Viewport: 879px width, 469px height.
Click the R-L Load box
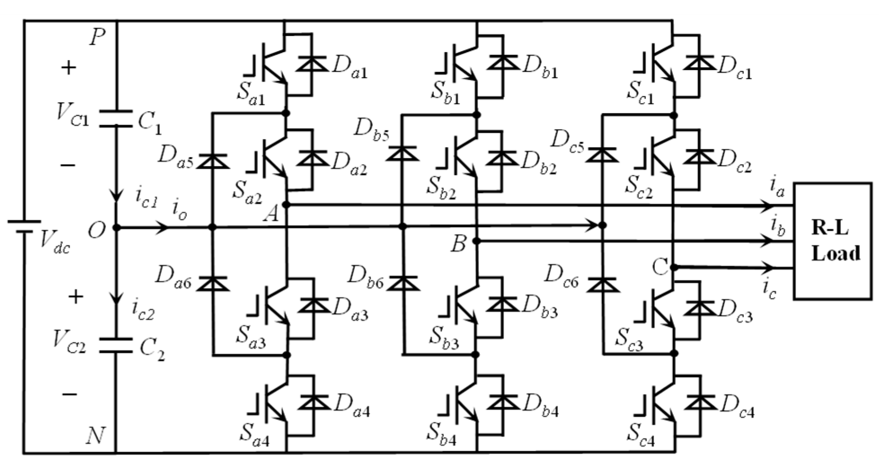coord(832,241)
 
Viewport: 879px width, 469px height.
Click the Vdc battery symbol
coord(23,226)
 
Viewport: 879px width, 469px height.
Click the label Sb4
coord(443,434)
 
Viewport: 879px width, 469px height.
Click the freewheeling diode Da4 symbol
coord(313,402)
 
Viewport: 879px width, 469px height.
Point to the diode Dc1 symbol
coord(699,62)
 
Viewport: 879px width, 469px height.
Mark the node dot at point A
coord(287,205)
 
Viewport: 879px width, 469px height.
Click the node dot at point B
coord(477,241)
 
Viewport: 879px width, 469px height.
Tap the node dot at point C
coord(673,267)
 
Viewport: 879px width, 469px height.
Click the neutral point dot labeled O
coord(116,228)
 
